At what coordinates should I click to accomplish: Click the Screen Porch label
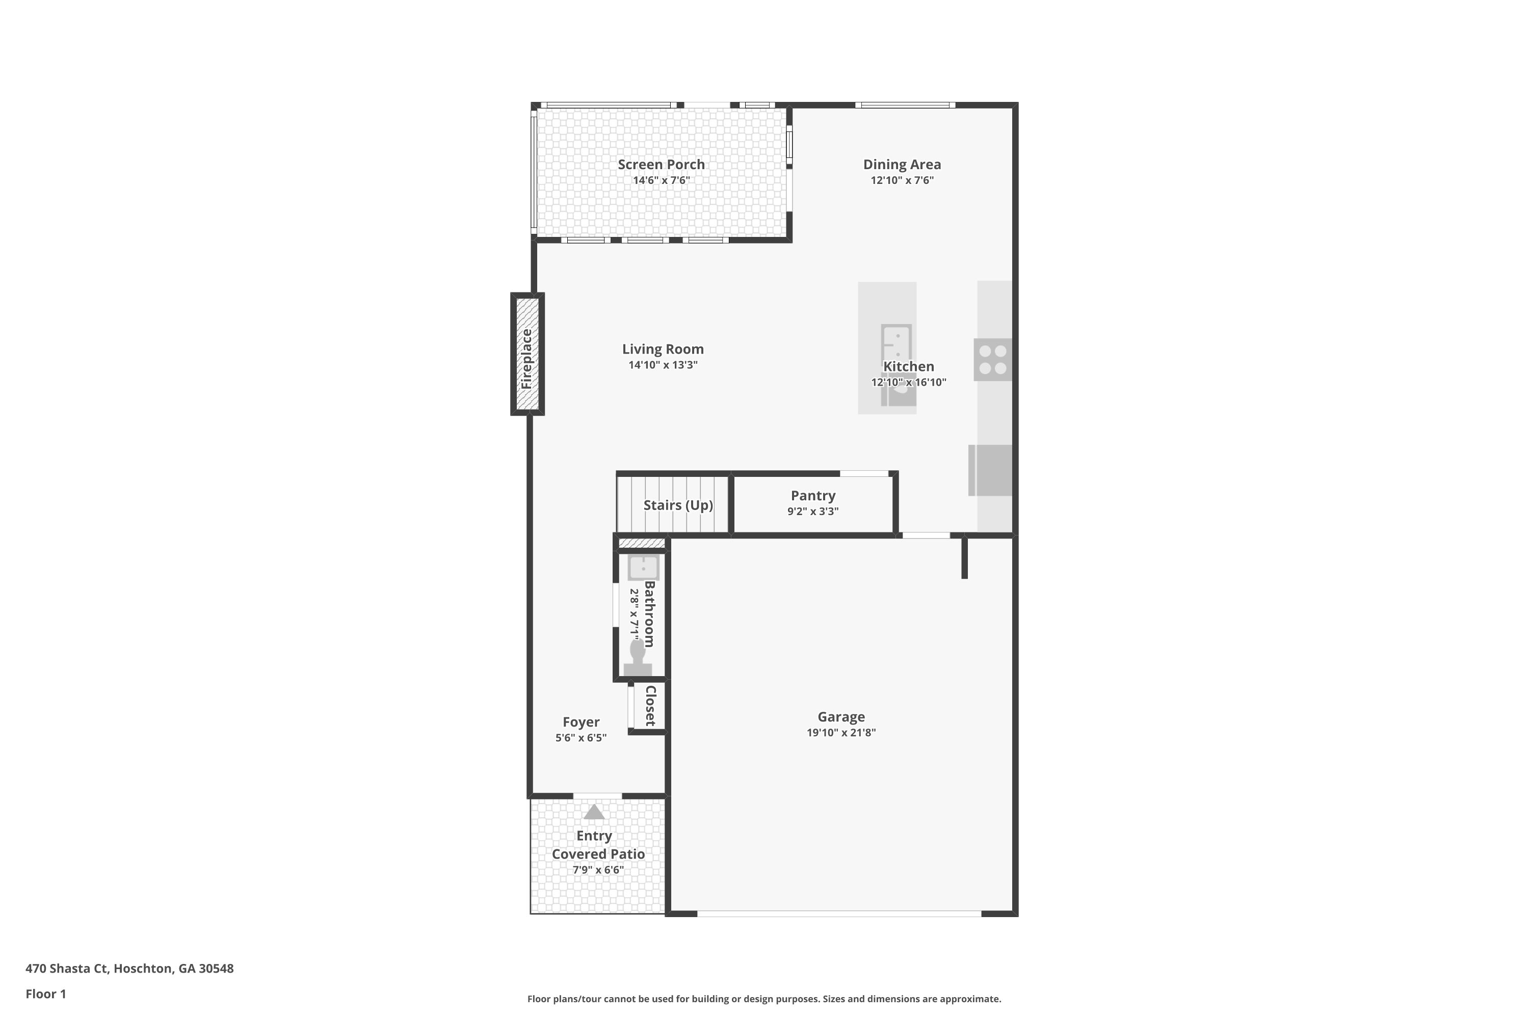click(661, 165)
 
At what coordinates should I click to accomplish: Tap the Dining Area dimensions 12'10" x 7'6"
click(902, 180)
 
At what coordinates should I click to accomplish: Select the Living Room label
click(663, 349)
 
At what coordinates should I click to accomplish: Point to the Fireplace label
click(526, 359)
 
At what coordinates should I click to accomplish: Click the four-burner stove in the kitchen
click(993, 359)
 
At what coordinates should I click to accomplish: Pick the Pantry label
click(812, 496)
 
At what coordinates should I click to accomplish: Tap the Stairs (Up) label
click(678, 505)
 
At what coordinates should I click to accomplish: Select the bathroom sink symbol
click(643, 568)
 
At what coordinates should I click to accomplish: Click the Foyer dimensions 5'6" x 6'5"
click(581, 738)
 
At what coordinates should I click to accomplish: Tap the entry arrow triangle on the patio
click(594, 812)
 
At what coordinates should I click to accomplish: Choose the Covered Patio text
click(598, 854)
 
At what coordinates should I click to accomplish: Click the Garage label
click(841, 717)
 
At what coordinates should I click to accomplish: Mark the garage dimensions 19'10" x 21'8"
click(841, 733)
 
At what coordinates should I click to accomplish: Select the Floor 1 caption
click(45, 994)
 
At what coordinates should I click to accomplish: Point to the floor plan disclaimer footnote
click(764, 999)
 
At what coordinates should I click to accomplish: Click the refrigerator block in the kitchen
click(990, 470)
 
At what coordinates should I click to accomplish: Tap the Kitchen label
click(908, 366)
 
